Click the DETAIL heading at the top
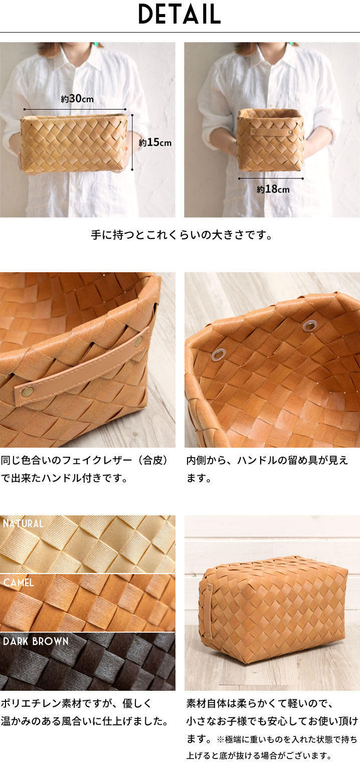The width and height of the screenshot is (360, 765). (179, 14)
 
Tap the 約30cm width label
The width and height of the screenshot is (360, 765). (77, 99)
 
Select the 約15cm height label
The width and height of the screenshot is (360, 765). (155, 142)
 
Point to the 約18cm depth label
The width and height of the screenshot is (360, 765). (273, 189)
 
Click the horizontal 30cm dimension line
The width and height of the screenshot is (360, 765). (75, 109)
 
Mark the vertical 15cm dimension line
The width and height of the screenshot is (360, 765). (132, 142)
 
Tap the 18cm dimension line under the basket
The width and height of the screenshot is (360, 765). (271, 178)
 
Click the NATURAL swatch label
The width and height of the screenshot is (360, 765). (23, 523)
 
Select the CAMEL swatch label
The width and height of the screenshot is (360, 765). (19, 583)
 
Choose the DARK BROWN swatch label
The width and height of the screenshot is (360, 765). (36, 641)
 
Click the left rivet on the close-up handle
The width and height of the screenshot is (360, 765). (26, 392)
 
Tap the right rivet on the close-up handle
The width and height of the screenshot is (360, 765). (138, 341)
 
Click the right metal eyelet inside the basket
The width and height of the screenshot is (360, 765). (309, 325)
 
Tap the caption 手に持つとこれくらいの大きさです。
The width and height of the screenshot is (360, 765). (182, 235)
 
